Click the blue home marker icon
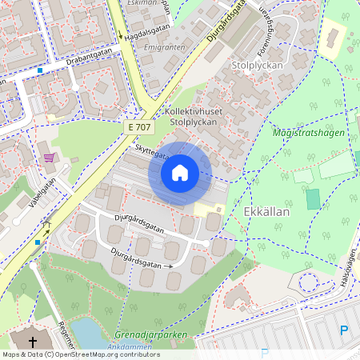(x=180, y=172)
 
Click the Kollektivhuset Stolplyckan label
(x=196, y=117)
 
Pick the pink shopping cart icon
(x=50, y=158)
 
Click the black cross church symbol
(x=34, y=342)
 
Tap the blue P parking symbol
(x=344, y=330)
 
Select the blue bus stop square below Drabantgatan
(x=39, y=70)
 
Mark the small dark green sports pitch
(x=313, y=199)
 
